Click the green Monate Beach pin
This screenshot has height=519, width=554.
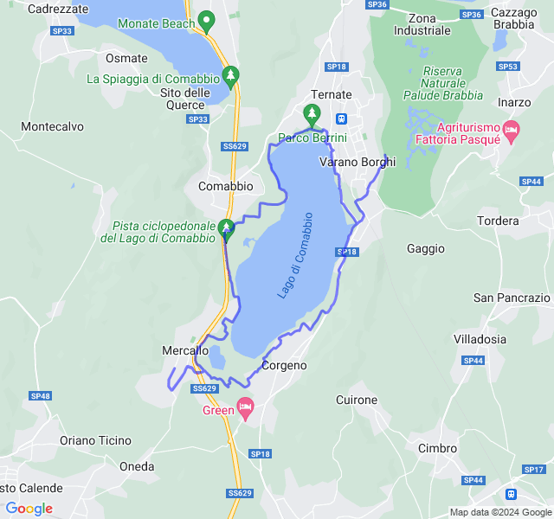point(206,20)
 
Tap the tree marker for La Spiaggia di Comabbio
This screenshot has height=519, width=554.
point(230,76)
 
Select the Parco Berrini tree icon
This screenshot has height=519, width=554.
point(312,113)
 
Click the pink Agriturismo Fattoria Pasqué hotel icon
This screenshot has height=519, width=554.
point(511,131)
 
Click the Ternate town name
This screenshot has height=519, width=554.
point(332,94)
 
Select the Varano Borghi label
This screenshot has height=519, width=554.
point(358,162)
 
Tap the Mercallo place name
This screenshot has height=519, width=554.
point(185,350)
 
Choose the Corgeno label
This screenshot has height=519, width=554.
point(284,365)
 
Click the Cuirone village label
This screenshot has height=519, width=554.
point(357,400)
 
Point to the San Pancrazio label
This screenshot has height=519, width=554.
point(512,298)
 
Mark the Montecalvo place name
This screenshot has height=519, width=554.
point(52,126)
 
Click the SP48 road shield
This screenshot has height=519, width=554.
point(41,395)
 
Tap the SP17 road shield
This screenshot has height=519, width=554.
point(534,469)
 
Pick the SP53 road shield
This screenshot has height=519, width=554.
point(509,66)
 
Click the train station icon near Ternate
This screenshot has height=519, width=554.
point(342,119)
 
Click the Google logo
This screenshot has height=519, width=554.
point(29,509)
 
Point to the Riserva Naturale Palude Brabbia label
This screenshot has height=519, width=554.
point(442,83)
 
